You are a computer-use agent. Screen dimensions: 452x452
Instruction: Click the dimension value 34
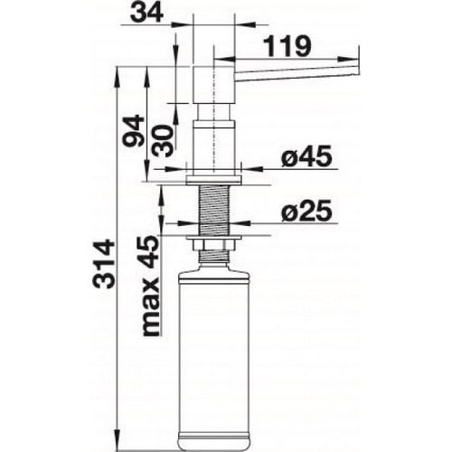[147, 13]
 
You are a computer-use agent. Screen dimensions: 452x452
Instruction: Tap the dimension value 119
[287, 46]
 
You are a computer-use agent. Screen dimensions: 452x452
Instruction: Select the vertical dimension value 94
[134, 130]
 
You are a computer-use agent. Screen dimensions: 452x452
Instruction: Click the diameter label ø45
[306, 156]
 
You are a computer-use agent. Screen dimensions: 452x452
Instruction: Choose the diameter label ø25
[306, 211]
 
